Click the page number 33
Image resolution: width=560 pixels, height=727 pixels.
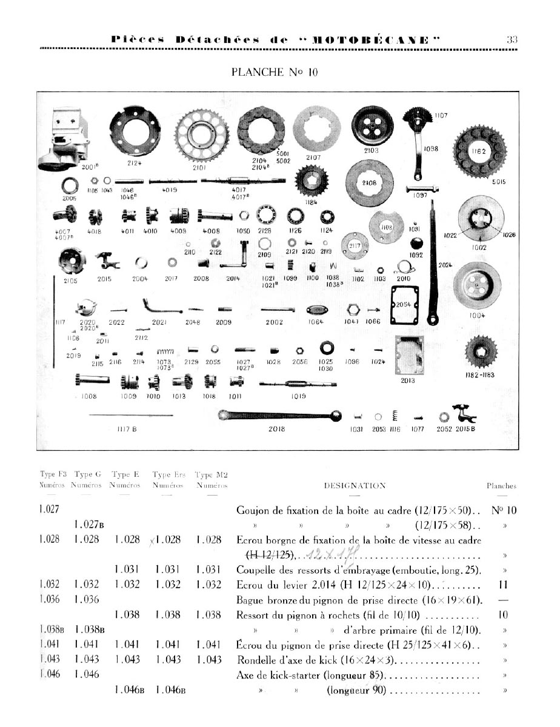point(512,40)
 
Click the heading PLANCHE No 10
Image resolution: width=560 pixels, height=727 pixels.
point(274,73)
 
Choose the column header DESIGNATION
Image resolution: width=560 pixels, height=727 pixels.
point(355,486)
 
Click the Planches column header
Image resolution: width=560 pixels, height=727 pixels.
point(502,486)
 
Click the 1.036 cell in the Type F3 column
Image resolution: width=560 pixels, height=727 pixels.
point(50,600)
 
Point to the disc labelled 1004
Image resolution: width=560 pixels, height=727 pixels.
point(481,287)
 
